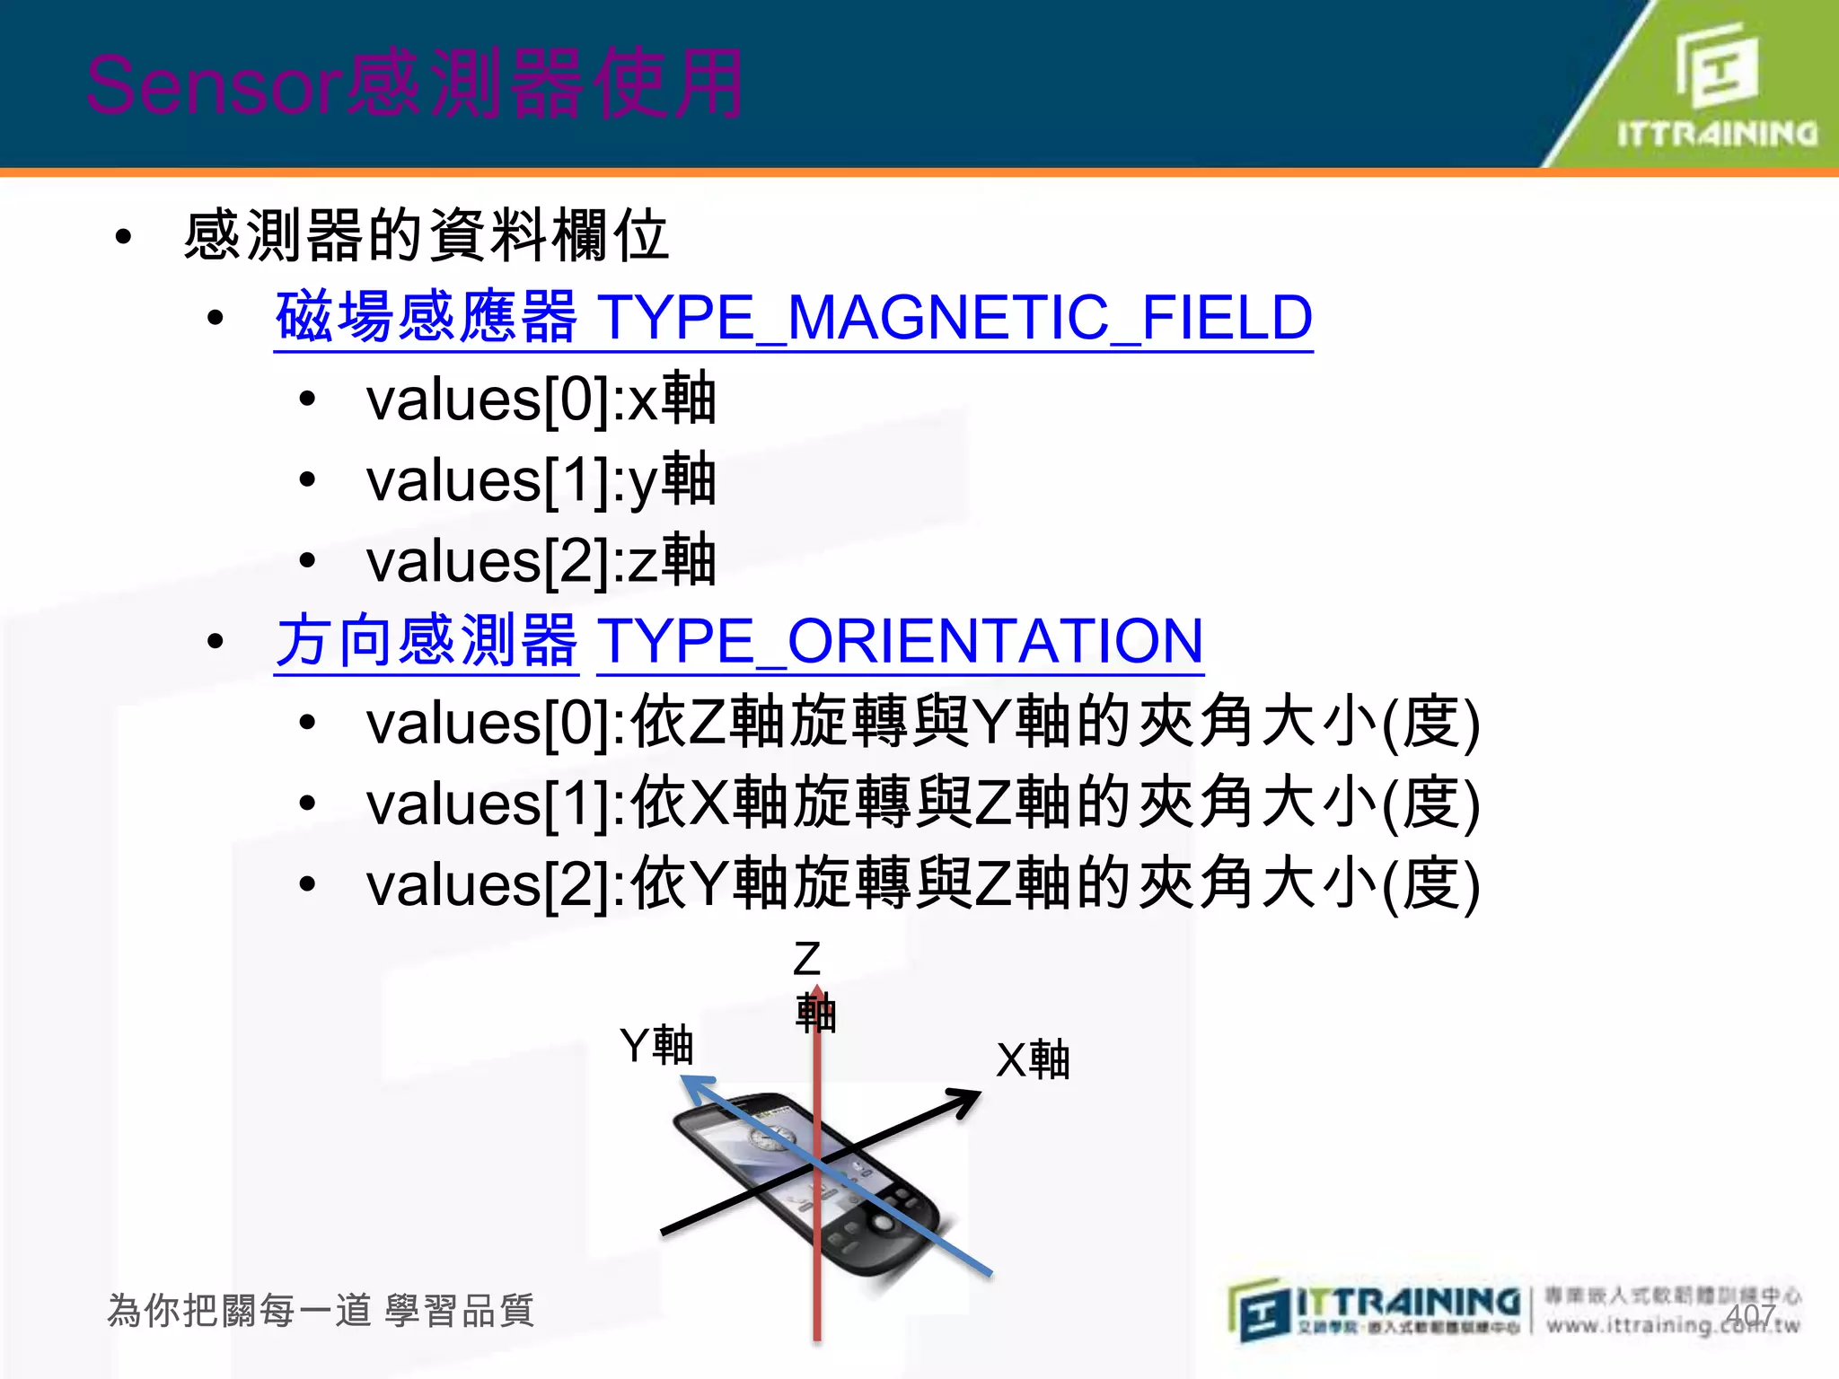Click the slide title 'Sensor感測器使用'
pos(415,84)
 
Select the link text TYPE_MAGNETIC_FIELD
pos(955,318)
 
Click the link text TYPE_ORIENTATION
pos(900,641)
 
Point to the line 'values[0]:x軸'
pos(541,399)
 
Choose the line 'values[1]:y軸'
pos(541,479)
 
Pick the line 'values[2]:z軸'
pos(541,560)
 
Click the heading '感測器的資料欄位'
pos(426,236)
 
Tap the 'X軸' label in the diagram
pos(1033,1059)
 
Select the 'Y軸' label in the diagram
pos(656,1045)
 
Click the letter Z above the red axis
pos(806,959)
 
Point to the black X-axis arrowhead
pos(966,1099)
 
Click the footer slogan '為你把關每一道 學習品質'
pos(321,1311)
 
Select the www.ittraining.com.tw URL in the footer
pos(1672,1325)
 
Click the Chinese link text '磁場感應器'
pos(426,318)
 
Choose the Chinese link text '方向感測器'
pos(426,641)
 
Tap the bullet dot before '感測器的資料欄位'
pos(124,237)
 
